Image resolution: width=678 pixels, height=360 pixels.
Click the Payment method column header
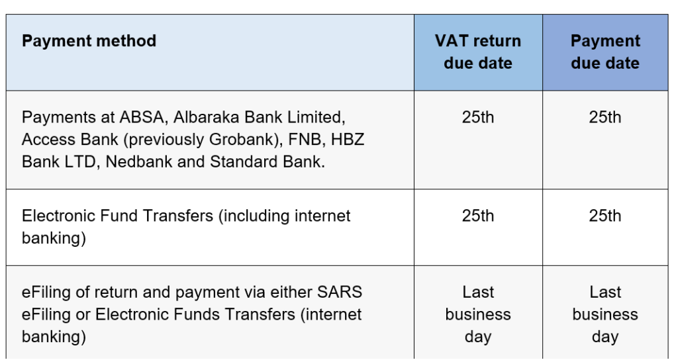[x=89, y=41]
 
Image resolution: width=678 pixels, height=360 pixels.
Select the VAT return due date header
[x=478, y=52]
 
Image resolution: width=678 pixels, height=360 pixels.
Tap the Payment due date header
[x=605, y=52]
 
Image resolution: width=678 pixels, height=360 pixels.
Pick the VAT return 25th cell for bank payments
[x=478, y=118]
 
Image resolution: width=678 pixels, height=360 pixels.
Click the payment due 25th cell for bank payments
[x=605, y=118]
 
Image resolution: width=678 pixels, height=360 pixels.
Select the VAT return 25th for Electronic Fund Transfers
[x=478, y=216]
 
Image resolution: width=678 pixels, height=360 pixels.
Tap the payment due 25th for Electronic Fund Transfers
[x=605, y=216]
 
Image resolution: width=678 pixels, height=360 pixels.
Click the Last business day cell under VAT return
[x=478, y=314]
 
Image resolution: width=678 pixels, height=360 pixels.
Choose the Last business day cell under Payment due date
[x=605, y=314]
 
